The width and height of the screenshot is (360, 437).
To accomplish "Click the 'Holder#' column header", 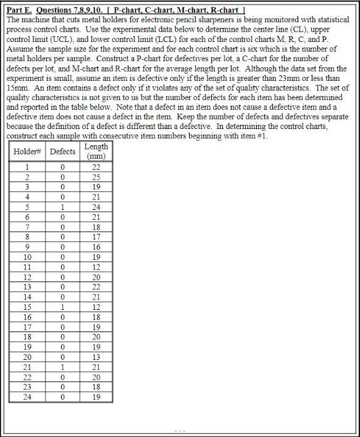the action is [27, 151].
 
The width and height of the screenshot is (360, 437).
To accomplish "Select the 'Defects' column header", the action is [62, 151].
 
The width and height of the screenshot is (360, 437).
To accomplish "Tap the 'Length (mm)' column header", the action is [96, 151].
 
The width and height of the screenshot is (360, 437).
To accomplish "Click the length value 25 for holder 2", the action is [96, 177].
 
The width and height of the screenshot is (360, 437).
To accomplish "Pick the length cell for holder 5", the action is [96, 207].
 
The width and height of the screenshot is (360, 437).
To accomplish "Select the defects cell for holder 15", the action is [62, 307].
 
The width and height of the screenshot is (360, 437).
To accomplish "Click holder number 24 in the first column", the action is [27, 397].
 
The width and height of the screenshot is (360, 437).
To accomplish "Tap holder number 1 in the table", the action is [27, 167].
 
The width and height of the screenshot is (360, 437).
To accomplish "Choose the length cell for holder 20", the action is [96, 357].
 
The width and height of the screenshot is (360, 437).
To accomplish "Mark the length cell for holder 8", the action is [96, 237].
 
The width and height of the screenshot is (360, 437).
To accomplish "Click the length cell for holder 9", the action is [96, 247].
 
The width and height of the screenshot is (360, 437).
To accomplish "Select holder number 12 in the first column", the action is [27, 277].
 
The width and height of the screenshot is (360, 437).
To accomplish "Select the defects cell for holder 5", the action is [62, 207].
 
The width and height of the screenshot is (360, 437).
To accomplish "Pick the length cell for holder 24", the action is [96, 397].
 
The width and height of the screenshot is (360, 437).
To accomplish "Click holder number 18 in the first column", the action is [27, 337].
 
